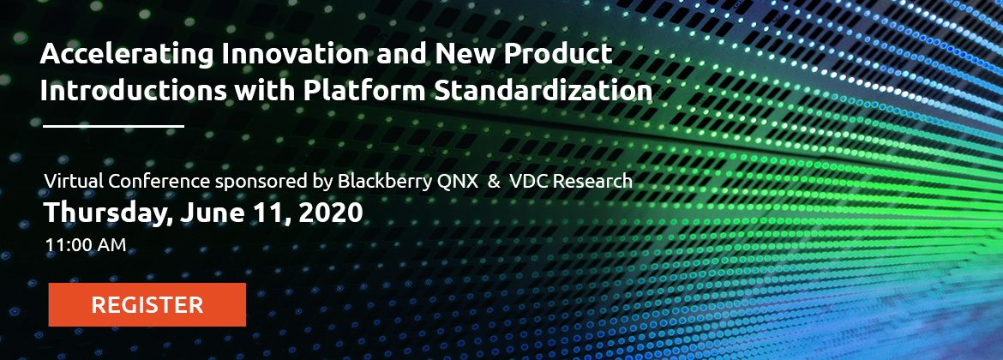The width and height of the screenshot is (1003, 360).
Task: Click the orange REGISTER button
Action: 147,304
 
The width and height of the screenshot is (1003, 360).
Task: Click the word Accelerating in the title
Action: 126,55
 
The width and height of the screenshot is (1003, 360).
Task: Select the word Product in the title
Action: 558,54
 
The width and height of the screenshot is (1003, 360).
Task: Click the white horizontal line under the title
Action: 114,126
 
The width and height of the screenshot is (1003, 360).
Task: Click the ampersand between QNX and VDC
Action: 494,182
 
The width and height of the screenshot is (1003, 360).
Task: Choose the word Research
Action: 592,181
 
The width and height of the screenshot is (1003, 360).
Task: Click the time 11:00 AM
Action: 85,245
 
